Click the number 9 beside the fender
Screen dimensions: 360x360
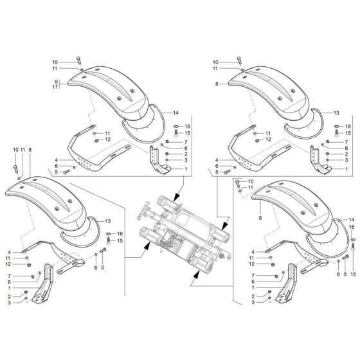(x=56, y=82)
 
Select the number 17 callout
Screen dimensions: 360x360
(x=56, y=87)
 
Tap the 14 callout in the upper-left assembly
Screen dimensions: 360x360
(x=174, y=113)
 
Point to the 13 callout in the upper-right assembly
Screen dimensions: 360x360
(x=336, y=113)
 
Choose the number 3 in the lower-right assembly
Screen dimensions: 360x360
(x=253, y=302)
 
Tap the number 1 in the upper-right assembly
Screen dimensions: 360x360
(x=346, y=168)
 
